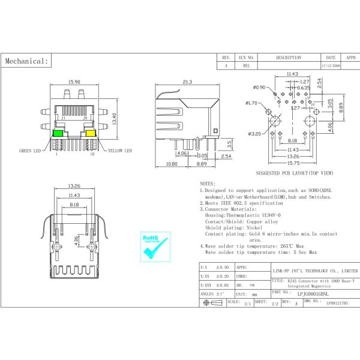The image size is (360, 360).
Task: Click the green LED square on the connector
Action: coord(59,133)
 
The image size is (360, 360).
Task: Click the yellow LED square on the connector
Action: coord(91,133)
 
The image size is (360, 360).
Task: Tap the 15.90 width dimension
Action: coord(75,82)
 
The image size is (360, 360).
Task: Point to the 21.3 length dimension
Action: coord(187,82)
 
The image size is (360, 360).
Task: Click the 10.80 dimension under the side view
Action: coord(171,163)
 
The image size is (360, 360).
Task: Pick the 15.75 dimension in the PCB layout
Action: coord(292,163)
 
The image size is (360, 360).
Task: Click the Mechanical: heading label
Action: coord(26,61)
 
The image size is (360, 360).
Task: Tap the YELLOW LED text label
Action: coord(119,151)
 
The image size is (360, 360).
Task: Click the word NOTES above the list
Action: coord(207,183)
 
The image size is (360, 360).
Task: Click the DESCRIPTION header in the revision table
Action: coord(289,58)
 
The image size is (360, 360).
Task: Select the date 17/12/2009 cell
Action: coord(331,67)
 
